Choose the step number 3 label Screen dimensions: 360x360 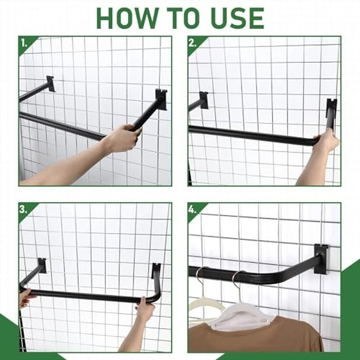pyautogui.click(x=24, y=209)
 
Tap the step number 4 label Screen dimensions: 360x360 pyautogui.click(x=193, y=209)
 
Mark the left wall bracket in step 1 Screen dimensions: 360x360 pyautogui.click(x=50, y=83)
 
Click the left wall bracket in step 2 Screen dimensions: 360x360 pyautogui.click(x=204, y=100)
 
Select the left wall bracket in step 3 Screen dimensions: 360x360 pyautogui.click(x=41, y=265)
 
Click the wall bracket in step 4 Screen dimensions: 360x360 pyautogui.click(x=321, y=258)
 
